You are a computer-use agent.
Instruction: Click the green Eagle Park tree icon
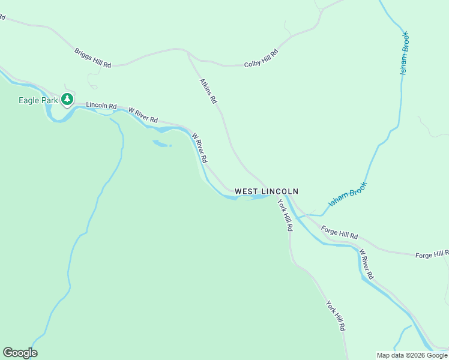click(68, 100)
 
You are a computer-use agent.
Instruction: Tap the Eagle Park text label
click(37, 101)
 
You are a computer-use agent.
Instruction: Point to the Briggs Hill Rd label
click(93, 58)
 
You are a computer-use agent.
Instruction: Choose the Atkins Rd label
click(208, 91)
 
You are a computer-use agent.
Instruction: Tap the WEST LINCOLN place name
click(266, 191)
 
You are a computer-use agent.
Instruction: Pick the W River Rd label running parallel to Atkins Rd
click(199, 148)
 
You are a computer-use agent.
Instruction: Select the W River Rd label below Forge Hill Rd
click(366, 264)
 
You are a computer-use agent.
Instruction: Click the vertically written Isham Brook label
click(404, 53)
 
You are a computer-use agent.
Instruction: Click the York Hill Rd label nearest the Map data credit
click(336, 316)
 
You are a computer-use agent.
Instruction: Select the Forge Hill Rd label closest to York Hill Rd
click(339, 232)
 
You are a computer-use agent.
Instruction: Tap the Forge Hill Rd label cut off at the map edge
click(432, 254)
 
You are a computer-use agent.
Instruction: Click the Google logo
click(20, 353)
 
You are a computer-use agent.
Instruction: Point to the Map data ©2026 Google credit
click(412, 355)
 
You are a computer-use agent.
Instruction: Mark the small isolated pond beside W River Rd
click(161, 143)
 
